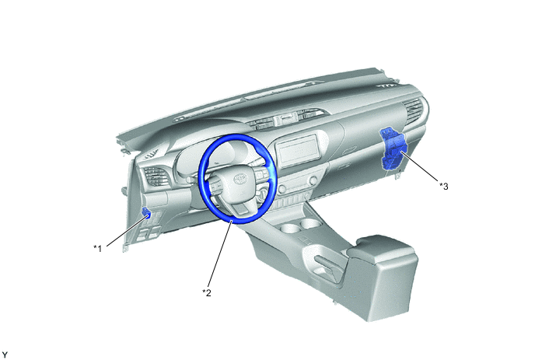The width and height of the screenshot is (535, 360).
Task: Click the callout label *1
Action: point(98,248)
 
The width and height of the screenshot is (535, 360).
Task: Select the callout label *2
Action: point(207,292)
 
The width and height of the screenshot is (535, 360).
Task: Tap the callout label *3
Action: point(443,186)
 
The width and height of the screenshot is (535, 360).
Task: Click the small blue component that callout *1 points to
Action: point(146,213)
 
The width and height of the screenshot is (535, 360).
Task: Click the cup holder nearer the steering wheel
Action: point(290,228)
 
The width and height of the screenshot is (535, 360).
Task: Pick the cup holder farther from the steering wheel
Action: point(310,224)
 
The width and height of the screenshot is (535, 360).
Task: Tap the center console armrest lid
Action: point(383,248)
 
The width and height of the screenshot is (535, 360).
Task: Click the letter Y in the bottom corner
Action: point(5,355)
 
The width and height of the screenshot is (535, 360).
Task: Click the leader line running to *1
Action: point(128,230)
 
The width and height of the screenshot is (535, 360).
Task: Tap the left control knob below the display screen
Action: point(282,189)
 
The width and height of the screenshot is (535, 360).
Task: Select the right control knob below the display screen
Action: point(313,180)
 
